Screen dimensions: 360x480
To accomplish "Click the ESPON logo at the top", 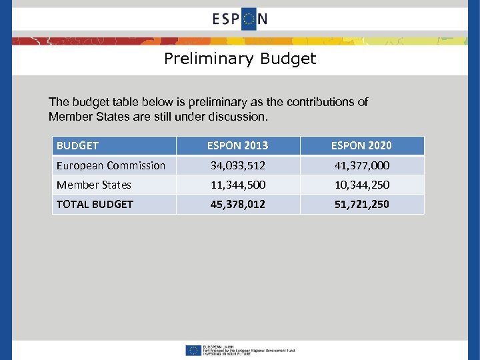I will pyautogui.click(x=240, y=18).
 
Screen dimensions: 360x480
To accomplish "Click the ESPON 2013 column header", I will pyautogui.click(x=238, y=145).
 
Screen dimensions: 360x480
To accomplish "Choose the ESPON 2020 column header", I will pyautogui.click(x=362, y=145).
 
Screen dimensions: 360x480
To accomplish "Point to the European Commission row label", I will pyautogui.click(x=111, y=165).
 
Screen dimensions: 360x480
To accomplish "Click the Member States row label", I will pyautogui.click(x=94, y=185).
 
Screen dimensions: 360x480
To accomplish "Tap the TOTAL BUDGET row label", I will pyautogui.click(x=95, y=204).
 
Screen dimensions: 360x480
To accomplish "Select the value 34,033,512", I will pyautogui.click(x=238, y=165).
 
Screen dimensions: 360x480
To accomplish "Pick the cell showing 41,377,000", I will pyautogui.click(x=362, y=165).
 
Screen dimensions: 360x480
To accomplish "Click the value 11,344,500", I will pyautogui.click(x=238, y=185).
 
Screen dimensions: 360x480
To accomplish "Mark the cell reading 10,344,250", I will pyautogui.click(x=362, y=185).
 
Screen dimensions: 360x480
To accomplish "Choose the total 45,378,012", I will pyautogui.click(x=238, y=204).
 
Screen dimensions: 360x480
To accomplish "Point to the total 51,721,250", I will pyautogui.click(x=362, y=204).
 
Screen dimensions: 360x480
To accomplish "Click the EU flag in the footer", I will pyautogui.click(x=194, y=350).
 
